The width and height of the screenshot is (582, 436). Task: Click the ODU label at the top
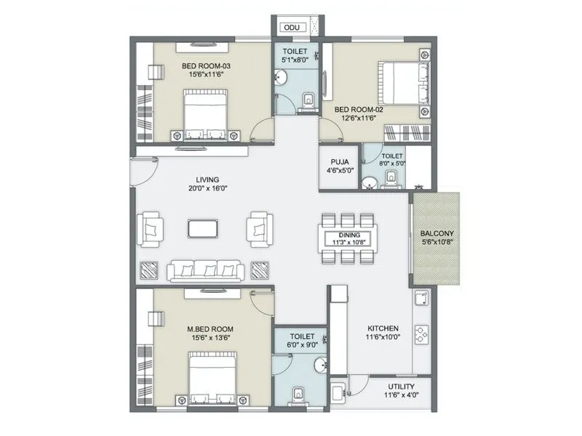(x=292, y=28)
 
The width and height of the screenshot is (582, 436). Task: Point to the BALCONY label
(x=438, y=234)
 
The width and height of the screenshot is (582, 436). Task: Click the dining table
(x=347, y=235)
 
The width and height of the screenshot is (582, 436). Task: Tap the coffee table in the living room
(x=202, y=228)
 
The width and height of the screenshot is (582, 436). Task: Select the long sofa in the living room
(x=205, y=270)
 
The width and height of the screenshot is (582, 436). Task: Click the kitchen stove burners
(x=421, y=334)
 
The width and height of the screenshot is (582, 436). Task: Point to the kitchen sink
(x=420, y=299)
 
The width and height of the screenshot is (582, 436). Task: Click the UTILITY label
(x=401, y=386)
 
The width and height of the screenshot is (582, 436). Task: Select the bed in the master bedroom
(x=212, y=377)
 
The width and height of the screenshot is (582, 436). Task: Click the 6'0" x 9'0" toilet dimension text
(x=301, y=346)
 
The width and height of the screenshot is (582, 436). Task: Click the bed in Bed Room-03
(x=205, y=114)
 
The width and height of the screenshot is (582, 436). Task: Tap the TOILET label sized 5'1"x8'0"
(x=295, y=52)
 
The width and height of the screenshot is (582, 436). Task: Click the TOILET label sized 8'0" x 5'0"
(x=393, y=156)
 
